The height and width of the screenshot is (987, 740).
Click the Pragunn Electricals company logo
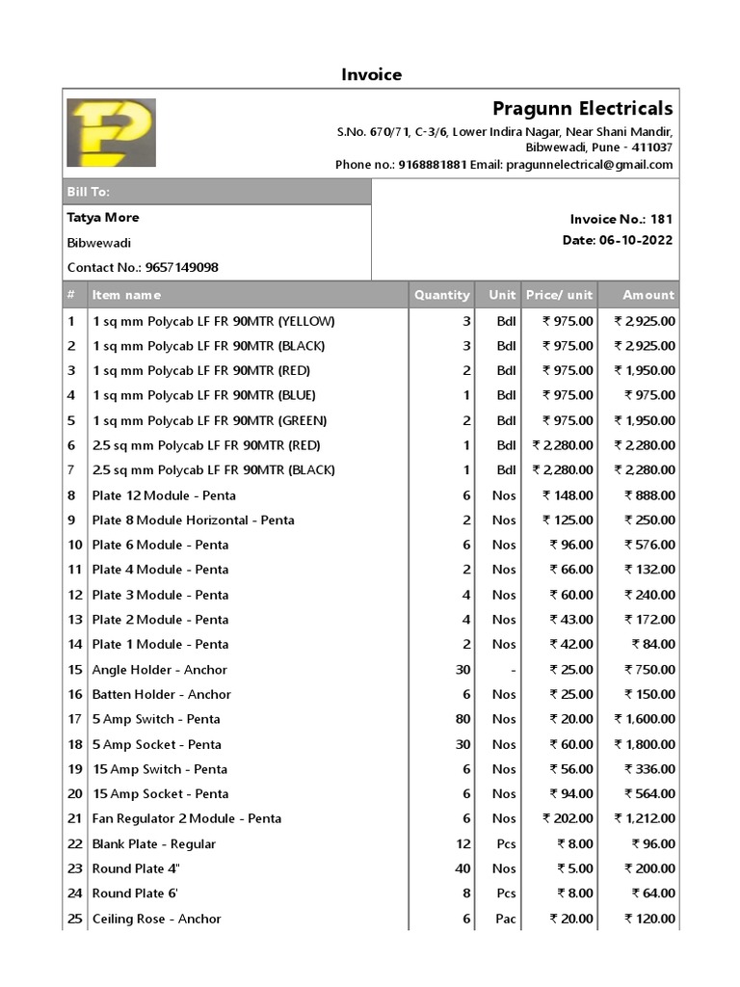coord(111,132)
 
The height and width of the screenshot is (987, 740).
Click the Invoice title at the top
coord(371,75)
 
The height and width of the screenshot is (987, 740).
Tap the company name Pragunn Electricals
coord(582,109)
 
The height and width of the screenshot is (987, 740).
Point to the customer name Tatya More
coord(103,218)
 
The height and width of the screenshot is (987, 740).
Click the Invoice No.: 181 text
coord(621,220)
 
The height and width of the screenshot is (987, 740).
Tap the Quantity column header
coord(441,295)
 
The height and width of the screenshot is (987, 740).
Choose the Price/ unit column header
coord(559,295)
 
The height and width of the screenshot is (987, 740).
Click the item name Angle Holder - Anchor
coord(159,670)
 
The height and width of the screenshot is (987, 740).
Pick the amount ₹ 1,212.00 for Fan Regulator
coord(645,819)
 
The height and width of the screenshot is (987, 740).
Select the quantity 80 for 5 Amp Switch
coord(462,719)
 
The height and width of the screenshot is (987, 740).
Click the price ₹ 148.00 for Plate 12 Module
coord(568,495)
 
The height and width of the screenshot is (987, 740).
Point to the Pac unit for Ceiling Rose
coord(506,920)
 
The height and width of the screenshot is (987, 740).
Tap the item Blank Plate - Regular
coord(153,844)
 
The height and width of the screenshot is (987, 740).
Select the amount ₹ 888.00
coord(649,495)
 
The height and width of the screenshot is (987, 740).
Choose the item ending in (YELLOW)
coord(213,321)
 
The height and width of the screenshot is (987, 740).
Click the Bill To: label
coord(88,192)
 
